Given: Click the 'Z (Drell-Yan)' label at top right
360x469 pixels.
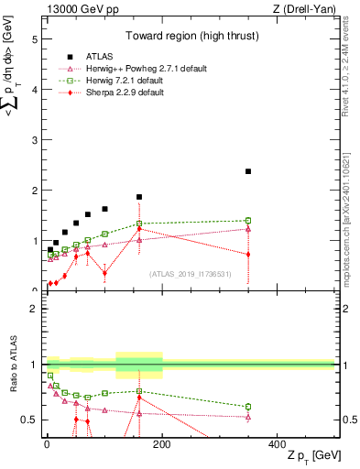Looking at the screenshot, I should tap(301, 9).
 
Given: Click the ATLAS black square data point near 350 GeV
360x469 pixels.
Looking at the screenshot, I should tap(248, 171).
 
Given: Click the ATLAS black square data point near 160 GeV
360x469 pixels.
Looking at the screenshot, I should tap(139, 197).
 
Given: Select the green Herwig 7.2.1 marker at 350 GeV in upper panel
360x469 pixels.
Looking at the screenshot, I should tap(248, 221).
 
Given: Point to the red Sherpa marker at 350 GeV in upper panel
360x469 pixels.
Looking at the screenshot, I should tap(248, 255).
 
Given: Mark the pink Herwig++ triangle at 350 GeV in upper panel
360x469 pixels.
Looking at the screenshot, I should tap(248, 229).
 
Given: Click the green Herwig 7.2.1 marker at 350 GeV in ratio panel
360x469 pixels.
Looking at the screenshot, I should tap(248, 407).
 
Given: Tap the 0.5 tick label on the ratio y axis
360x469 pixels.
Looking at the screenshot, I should tap(29, 420).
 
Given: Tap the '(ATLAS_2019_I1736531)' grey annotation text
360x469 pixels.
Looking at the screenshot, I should tap(190, 274).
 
